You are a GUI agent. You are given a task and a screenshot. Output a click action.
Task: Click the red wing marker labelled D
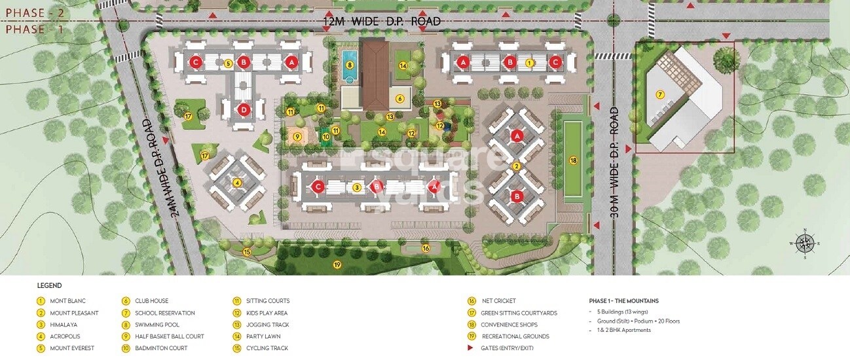(244, 109)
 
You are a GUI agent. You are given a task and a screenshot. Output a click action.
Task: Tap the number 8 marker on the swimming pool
(350, 65)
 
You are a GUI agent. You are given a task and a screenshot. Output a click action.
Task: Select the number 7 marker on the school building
(660, 95)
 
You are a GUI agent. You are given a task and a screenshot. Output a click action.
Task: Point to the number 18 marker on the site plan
(573, 160)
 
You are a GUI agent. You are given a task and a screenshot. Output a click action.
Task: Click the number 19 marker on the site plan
(337, 264)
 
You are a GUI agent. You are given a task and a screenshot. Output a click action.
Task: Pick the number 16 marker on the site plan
(426, 248)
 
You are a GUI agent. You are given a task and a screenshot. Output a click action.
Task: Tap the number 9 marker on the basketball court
(297, 137)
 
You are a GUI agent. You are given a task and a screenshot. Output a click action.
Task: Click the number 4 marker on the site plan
(237, 183)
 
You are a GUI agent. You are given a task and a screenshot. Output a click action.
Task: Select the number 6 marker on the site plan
(399, 99)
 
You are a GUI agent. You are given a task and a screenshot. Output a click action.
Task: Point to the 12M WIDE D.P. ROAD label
(382, 22)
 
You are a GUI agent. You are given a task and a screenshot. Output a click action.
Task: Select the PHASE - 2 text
(26, 12)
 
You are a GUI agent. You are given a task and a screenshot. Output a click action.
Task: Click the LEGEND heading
(49, 285)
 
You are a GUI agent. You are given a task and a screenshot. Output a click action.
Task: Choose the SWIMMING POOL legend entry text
(157, 325)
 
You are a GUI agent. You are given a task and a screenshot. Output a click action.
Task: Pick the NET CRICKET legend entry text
(500, 301)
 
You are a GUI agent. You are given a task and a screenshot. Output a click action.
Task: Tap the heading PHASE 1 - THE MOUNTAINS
(623, 301)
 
